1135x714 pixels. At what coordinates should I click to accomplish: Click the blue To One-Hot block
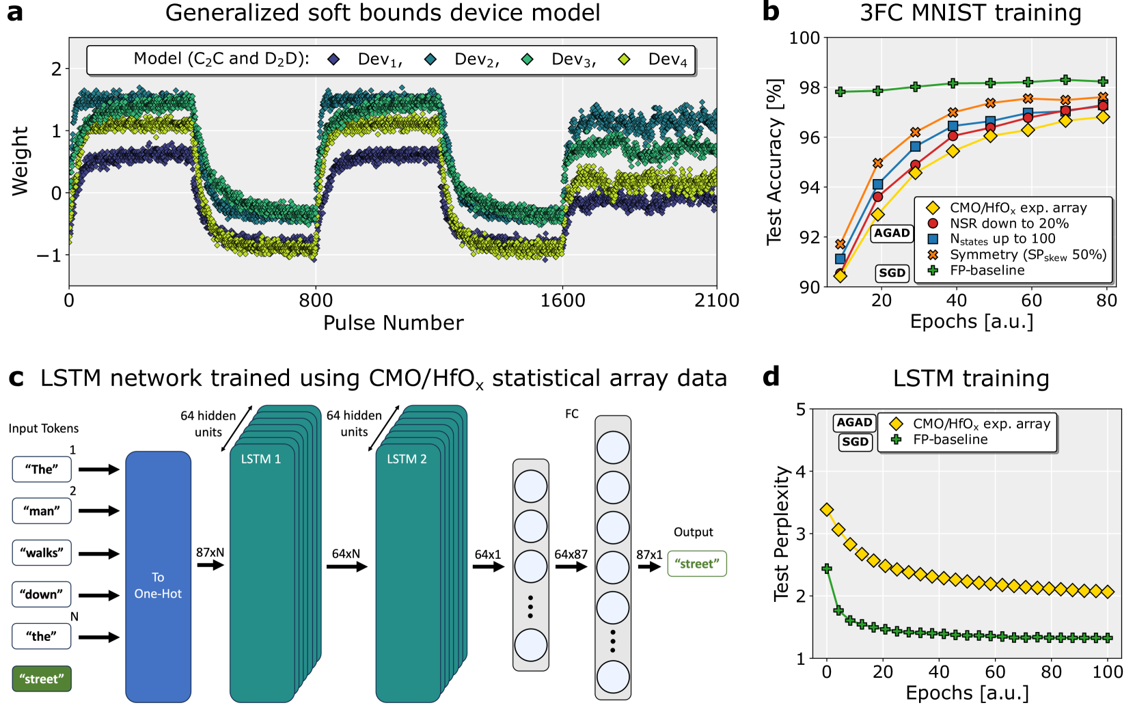click(x=158, y=577)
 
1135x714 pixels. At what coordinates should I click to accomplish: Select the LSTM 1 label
click(x=260, y=459)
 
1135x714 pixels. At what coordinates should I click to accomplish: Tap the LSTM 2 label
click(x=407, y=459)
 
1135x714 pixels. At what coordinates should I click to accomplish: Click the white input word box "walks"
click(x=42, y=553)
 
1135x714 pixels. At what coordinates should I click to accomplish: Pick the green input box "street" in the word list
click(x=42, y=678)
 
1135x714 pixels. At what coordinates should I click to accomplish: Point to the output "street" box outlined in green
click(x=696, y=564)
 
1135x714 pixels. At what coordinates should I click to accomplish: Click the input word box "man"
click(x=42, y=510)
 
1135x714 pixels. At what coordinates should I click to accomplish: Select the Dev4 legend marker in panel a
click(x=624, y=59)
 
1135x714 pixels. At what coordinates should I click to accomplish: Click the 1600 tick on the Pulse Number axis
click(x=562, y=301)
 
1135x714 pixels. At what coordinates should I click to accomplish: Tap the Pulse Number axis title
click(x=393, y=323)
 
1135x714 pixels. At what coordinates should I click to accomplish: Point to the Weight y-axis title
click(x=20, y=161)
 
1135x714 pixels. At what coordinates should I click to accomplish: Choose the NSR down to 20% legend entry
click(x=1009, y=223)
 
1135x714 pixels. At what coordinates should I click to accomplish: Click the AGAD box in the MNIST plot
click(x=892, y=233)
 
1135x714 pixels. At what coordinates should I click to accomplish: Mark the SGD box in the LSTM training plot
click(x=855, y=441)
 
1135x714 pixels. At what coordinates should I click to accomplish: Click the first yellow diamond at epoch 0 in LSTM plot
click(x=827, y=510)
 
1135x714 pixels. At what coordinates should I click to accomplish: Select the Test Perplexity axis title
click(x=781, y=533)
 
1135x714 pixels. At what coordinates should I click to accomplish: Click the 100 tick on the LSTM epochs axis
click(x=1107, y=672)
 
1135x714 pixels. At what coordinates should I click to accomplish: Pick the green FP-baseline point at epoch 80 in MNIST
click(x=1102, y=81)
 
